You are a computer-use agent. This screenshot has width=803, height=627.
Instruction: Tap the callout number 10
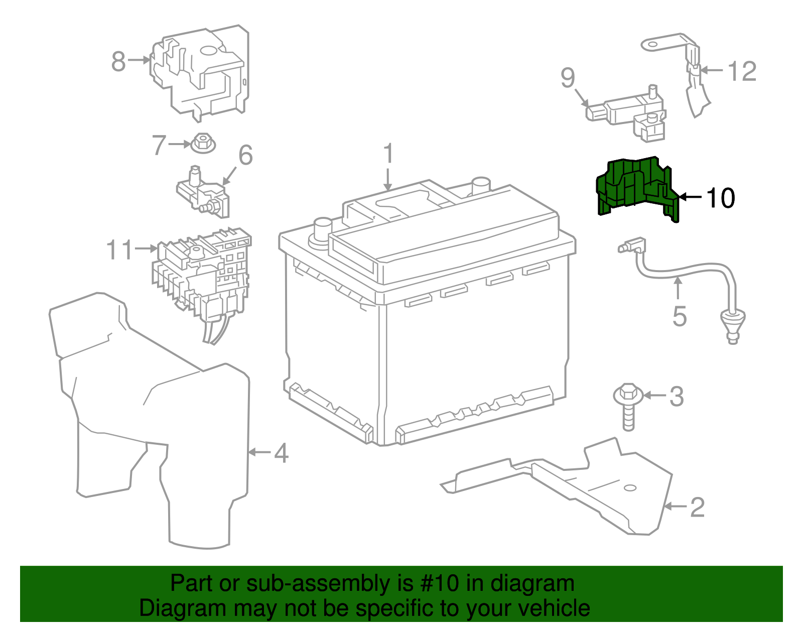point(720,198)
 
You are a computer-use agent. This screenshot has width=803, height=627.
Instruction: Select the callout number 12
point(742,71)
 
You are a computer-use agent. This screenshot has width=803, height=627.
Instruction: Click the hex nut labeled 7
point(203,143)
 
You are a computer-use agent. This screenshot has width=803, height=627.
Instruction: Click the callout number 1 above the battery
point(388,155)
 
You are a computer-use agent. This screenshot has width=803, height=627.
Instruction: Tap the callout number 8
point(118,61)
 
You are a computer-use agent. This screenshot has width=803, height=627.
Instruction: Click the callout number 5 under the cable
point(679,316)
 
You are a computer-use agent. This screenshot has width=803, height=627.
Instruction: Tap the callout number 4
point(281,453)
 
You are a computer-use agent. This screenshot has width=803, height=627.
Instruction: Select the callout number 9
point(568,78)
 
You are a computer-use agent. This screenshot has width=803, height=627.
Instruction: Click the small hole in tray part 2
point(630,488)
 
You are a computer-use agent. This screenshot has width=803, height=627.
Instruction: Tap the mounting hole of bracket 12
point(652,44)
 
